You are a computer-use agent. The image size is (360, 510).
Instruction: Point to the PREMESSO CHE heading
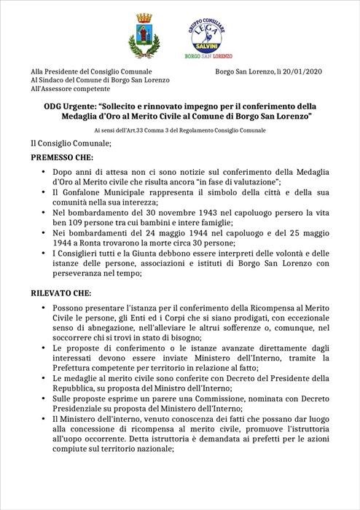click(x=60, y=157)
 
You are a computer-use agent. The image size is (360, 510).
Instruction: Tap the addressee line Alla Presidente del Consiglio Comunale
click(x=91, y=71)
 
